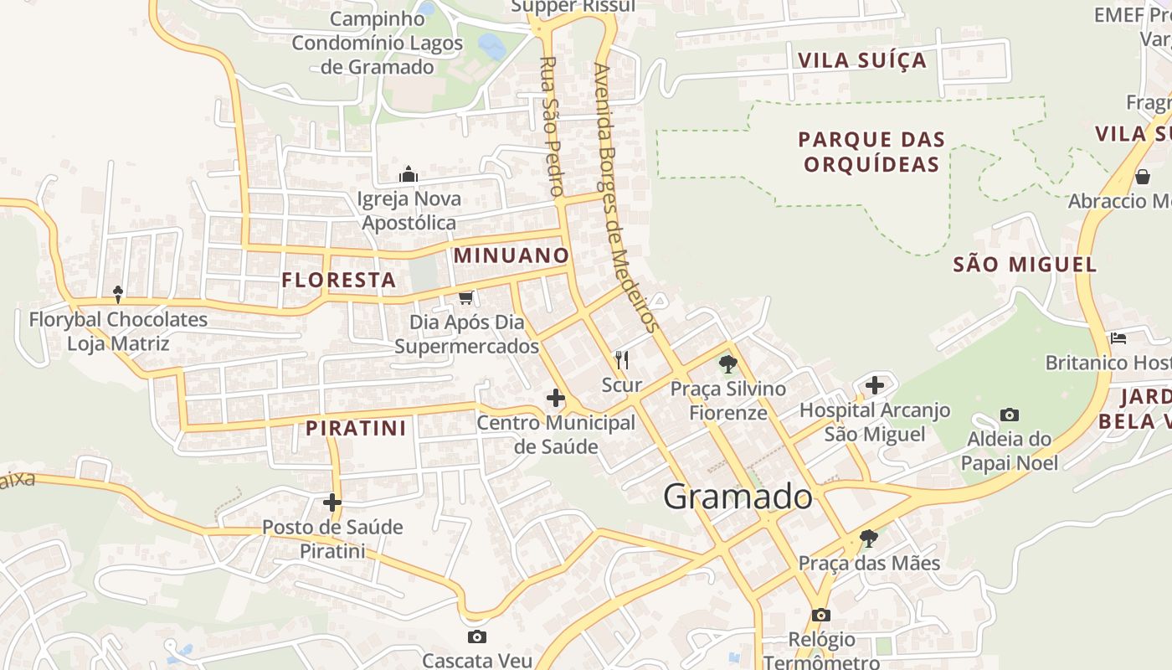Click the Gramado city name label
click(x=738, y=497)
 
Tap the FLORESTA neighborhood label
click(x=339, y=280)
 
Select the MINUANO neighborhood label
click(x=511, y=255)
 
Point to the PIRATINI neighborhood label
click(x=356, y=428)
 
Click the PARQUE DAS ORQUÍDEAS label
click(x=871, y=152)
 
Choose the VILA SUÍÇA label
click(x=862, y=60)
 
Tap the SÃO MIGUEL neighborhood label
click(x=1025, y=265)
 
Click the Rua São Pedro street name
click(x=551, y=126)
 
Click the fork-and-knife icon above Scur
click(x=621, y=360)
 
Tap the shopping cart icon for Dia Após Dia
click(x=466, y=297)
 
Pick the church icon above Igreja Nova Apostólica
click(x=409, y=174)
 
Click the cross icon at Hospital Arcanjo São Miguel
click(x=875, y=385)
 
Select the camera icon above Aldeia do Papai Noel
click(x=1010, y=415)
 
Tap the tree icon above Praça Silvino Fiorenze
click(x=728, y=364)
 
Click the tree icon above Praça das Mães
click(x=869, y=538)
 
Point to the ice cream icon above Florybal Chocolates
click(x=118, y=294)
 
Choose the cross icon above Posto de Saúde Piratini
click(x=332, y=502)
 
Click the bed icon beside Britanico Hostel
click(x=1118, y=338)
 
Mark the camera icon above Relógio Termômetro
click(x=821, y=616)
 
